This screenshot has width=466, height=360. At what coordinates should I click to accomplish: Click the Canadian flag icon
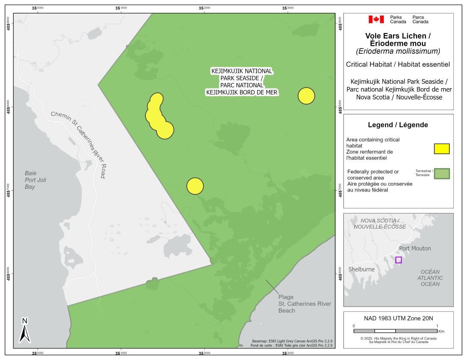tap(376, 19)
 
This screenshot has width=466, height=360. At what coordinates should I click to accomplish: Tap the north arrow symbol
tap(25, 330)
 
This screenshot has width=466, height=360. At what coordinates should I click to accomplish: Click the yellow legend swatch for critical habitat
tap(441, 149)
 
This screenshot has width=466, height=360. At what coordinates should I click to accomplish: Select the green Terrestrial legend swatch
tap(442, 174)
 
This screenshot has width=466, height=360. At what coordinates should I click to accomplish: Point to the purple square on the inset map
tap(398, 260)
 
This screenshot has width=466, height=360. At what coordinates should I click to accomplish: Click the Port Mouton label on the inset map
tap(415, 248)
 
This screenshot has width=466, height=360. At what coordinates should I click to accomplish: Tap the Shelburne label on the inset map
tap(361, 269)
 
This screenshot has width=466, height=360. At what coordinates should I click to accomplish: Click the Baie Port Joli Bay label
tap(35, 180)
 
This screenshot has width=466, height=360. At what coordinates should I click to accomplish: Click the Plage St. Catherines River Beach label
tap(304, 304)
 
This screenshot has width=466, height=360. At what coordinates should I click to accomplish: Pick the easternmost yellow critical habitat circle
tap(306, 96)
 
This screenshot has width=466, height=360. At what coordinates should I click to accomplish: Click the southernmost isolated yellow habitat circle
tap(195, 186)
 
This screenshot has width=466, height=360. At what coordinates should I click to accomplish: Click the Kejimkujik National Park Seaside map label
tap(242, 82)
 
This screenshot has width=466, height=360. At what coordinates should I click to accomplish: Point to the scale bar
tap(395, 330)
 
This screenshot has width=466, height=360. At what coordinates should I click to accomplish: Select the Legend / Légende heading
tap(398, 125)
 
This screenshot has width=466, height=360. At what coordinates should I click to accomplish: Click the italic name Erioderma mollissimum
tap(398, 51)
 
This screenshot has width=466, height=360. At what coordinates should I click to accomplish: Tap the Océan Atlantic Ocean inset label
tap(430, 278)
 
